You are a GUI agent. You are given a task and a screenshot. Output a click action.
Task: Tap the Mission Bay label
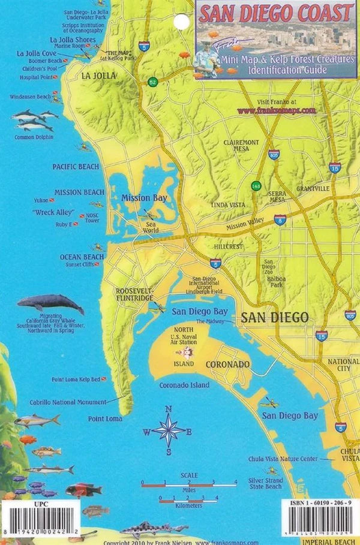(x=144, y=197)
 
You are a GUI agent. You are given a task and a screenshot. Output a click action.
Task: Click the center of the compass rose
(x=169, y=430)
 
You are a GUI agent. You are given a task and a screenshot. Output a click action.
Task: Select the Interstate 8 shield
(x=280, y=220)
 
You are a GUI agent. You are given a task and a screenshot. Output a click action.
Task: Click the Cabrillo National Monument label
(x=68, y=402)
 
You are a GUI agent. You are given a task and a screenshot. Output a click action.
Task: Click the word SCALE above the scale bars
(x=189, y=475)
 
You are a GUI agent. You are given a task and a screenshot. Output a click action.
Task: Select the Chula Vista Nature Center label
(x=283, y=459)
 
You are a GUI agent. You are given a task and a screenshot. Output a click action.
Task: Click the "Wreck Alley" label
(x=52, y=213)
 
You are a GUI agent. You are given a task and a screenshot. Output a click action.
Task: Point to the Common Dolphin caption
(x=34, y=137)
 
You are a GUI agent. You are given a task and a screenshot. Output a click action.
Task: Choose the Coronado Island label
(x=184, y=385)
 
